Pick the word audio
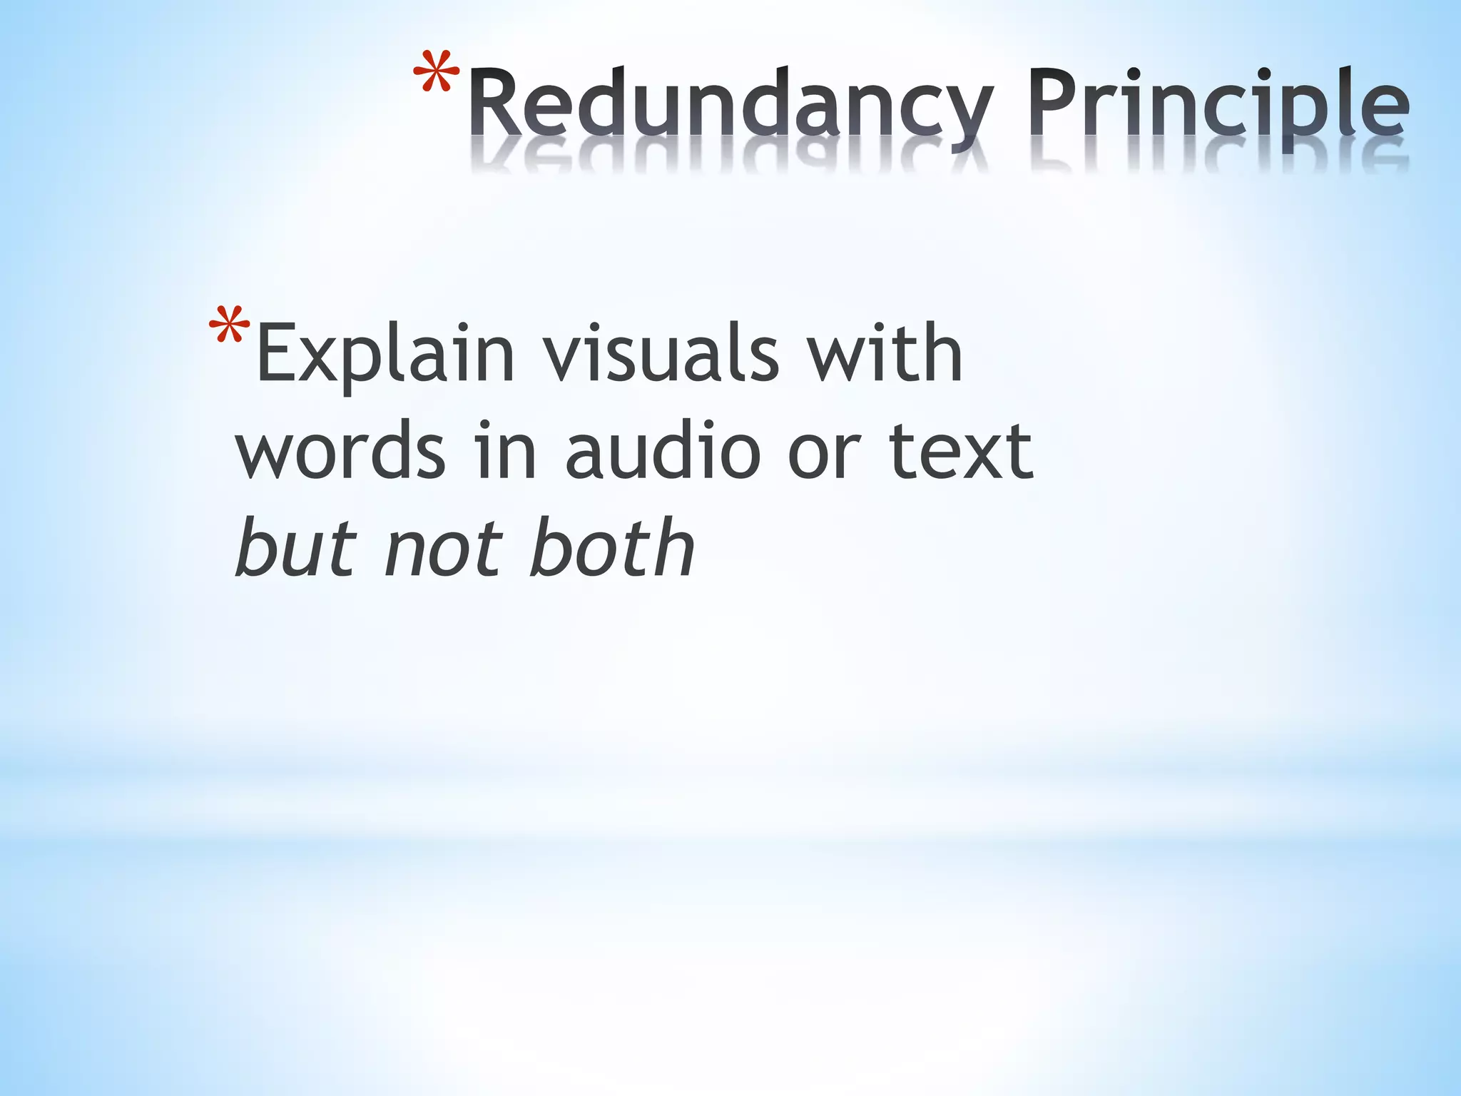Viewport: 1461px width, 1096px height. [x=663, y=451]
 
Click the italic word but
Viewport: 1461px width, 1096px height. [x=296, y=548]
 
